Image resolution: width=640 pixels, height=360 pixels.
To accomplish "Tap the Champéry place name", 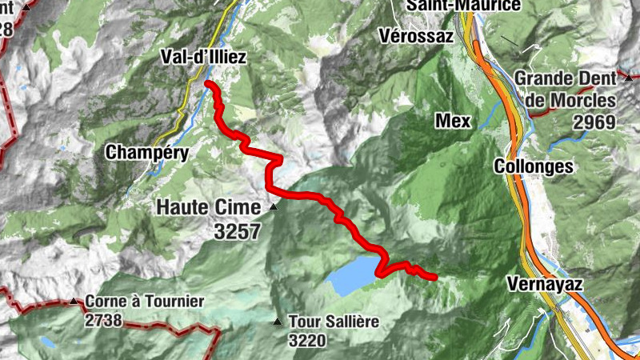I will tap(147, 152).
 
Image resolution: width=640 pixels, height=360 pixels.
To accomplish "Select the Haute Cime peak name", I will tap(208, 207).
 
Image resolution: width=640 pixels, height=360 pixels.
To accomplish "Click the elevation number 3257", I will tap(238, 230).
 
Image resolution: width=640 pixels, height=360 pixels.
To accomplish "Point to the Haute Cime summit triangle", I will tap(274, 207).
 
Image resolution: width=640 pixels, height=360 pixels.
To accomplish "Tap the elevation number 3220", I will tap(308, 339).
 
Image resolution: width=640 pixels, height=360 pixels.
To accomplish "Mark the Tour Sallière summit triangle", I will tap(278, 322).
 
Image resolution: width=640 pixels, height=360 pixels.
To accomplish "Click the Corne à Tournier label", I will tap(144, 302).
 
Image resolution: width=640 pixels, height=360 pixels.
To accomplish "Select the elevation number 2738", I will tap(103, 320).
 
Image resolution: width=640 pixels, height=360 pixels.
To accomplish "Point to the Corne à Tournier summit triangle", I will tap(74, 302).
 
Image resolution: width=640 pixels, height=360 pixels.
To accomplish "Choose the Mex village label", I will tap(452, 121).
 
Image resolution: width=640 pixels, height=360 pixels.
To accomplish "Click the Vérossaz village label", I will tap(416, 36).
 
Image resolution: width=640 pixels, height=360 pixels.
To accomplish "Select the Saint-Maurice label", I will tap(463, 6).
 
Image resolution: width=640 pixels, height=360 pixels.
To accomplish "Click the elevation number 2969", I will tap(594, 122).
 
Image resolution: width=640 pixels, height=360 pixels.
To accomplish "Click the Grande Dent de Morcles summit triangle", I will tap(629, 78).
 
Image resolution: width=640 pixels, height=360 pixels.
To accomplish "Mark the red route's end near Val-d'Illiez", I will tap(208, 84).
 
